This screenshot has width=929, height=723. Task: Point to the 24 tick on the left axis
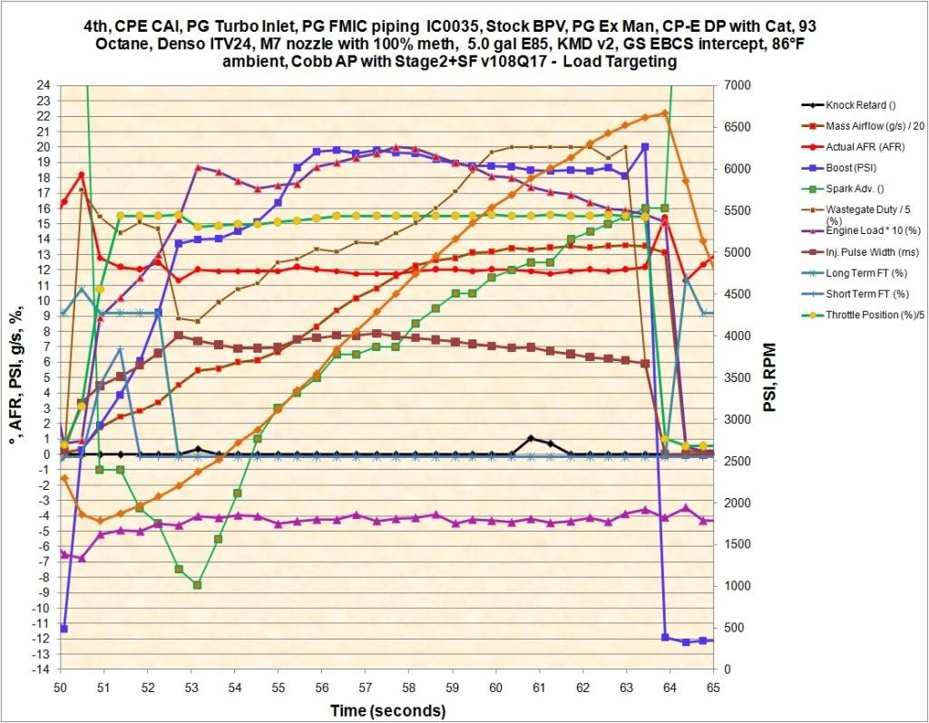point(43,85)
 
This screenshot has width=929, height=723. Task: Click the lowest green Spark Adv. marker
point(197,585)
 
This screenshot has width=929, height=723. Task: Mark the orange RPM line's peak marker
point(665,113)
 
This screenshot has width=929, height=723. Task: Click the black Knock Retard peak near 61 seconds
point(531,439)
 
